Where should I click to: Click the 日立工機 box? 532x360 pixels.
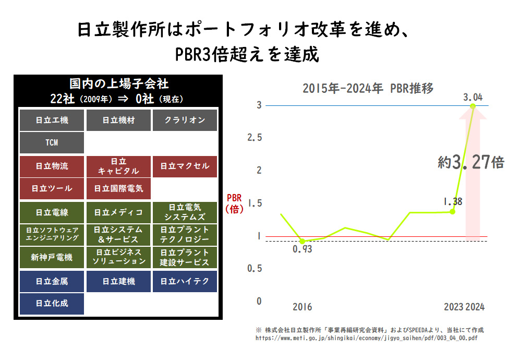point(52,120)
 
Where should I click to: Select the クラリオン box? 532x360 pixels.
point(185,120)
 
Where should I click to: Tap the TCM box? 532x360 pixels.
point(52,142)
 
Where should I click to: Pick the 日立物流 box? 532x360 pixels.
point(52,166)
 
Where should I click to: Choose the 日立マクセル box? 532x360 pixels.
point(185,166)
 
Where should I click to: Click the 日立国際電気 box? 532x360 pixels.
point(118,188)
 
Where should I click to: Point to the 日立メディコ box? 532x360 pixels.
point(118,212)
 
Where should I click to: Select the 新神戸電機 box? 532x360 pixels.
point(52,257)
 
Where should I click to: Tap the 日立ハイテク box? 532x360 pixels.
point(185,281)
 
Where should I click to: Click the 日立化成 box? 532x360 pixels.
point(52,304)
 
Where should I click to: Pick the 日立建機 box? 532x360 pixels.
point(118,281)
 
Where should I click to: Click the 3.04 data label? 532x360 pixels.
point(473,97)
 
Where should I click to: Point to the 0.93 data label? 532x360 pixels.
point(302,250)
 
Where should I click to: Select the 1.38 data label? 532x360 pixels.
point(453,201)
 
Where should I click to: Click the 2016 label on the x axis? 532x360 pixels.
point(302,307)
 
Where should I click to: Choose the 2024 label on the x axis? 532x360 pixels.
point(475,307)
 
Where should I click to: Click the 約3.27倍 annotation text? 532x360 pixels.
point(470,163)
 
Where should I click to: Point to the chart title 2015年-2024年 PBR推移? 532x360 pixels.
point(368,88)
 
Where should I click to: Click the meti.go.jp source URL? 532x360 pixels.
point(366,338)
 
